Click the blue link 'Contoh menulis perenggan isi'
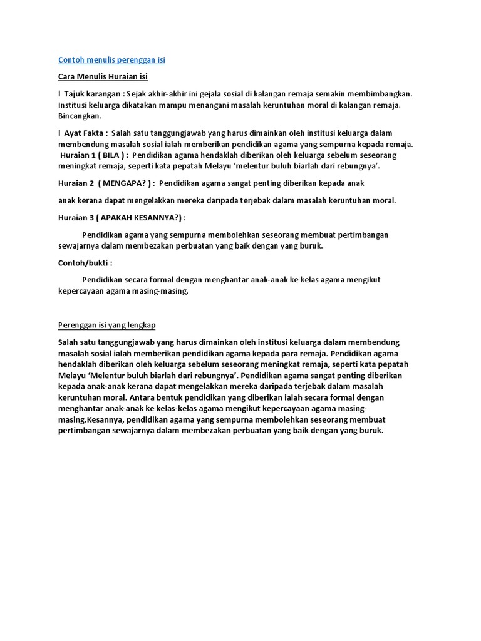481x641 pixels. (111, 60)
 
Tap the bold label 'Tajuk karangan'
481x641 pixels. (92, 93)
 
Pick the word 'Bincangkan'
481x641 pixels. (79, 116)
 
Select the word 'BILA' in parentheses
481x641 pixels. (112, 155)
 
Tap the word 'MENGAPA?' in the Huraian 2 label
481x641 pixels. (125, 183)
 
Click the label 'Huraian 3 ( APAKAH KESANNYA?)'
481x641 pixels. (122, 217)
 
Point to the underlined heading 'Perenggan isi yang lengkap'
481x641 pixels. (106, 326)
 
